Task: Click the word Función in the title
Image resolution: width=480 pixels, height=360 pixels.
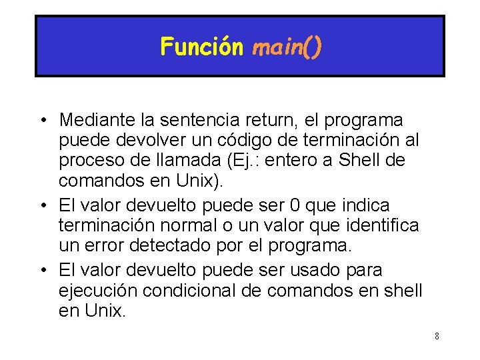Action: pyautogui.click(x=201, y=47)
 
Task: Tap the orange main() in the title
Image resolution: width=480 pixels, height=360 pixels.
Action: pyautogui.click(x=287, y=47)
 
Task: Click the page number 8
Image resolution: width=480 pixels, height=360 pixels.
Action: pyautogui.click(x=437, y=336)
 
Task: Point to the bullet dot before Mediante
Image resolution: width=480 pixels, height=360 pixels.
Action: pyautogui.click(x=41, y=121)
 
